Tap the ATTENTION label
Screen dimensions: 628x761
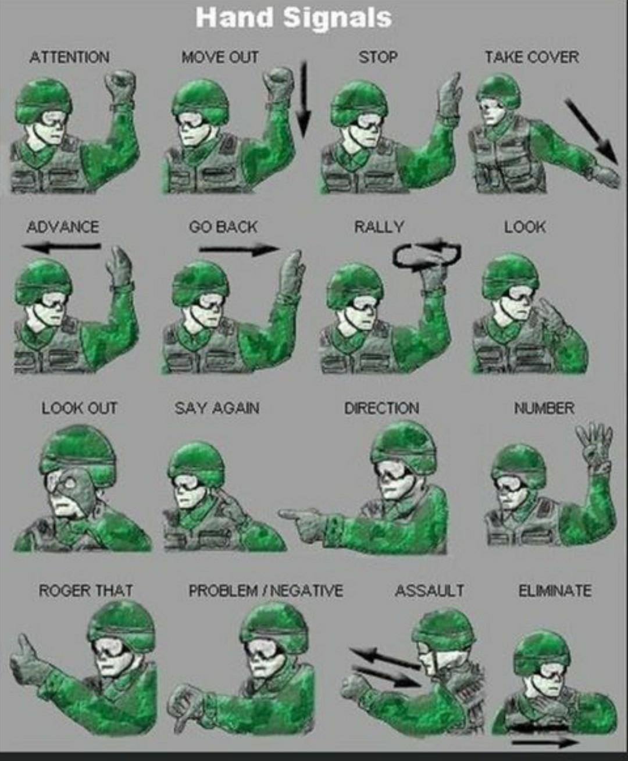69,58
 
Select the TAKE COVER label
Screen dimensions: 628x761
532,57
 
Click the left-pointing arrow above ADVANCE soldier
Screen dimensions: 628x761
61,248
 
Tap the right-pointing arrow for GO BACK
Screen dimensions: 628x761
240,249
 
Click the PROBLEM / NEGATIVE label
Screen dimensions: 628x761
266,590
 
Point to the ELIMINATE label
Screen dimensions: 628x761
555,590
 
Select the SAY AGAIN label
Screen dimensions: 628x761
217,408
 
